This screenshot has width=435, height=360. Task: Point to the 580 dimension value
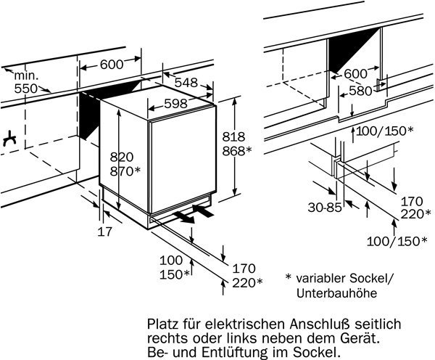360,91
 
